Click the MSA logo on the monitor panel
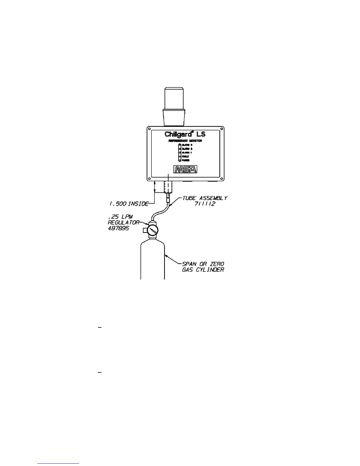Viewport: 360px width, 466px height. [185, 169]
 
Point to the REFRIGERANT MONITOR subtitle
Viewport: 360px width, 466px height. [185, 141]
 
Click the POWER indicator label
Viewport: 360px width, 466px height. [186, 160]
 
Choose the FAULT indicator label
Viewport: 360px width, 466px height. [185, 157]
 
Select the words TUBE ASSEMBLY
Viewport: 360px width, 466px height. [205, 198]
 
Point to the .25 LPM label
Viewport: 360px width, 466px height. [120, 217]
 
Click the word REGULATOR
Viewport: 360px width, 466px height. [123, 223]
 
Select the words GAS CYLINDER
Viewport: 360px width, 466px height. [203, 269]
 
